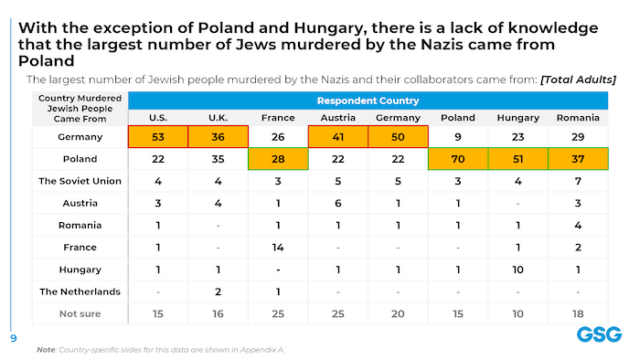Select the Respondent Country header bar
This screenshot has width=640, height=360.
(367, 102)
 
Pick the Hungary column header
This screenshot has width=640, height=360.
(518, 118)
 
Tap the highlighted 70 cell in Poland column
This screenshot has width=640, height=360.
(457, 159)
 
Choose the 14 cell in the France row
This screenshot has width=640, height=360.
(277, 247)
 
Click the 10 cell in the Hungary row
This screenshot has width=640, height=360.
(518, 269)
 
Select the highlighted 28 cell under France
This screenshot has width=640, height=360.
(277, 159)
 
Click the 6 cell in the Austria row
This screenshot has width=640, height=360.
(337, 203)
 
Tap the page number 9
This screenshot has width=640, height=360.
(13, 337)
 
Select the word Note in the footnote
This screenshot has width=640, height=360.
(45, 349)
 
